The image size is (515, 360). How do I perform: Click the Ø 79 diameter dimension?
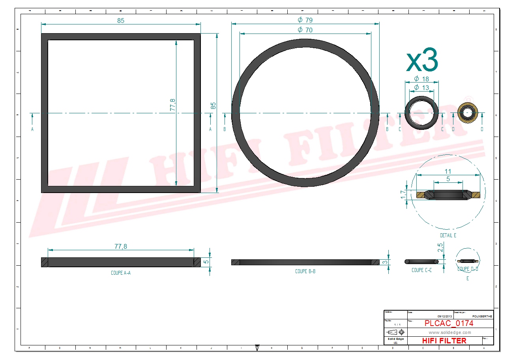(x=305, y=20)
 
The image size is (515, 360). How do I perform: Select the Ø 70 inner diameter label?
(x=305, y=30)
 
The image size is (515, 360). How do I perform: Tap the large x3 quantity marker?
(x=422, y=60)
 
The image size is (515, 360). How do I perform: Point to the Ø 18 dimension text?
(x=421, y=79)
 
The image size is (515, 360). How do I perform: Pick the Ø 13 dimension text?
(x=421, y=87)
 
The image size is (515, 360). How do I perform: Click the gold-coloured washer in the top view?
(x=468, y=113)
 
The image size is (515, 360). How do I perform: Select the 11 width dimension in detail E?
(x=448, y=171)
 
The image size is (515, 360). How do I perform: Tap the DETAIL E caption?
(x=448, y=235)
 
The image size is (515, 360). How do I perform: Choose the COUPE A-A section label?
(x=120, y=273)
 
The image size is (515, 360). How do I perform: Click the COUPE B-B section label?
(x=305, y=271)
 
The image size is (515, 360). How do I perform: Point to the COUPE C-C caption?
(x=421, y=270)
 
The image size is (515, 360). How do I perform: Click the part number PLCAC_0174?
(x=449, y=323)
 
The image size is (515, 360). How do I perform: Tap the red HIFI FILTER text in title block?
(x=444, y=341)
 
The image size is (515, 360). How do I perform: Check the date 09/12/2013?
(x=445, y=316)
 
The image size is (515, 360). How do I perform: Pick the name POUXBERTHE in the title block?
(x=482, y=316)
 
